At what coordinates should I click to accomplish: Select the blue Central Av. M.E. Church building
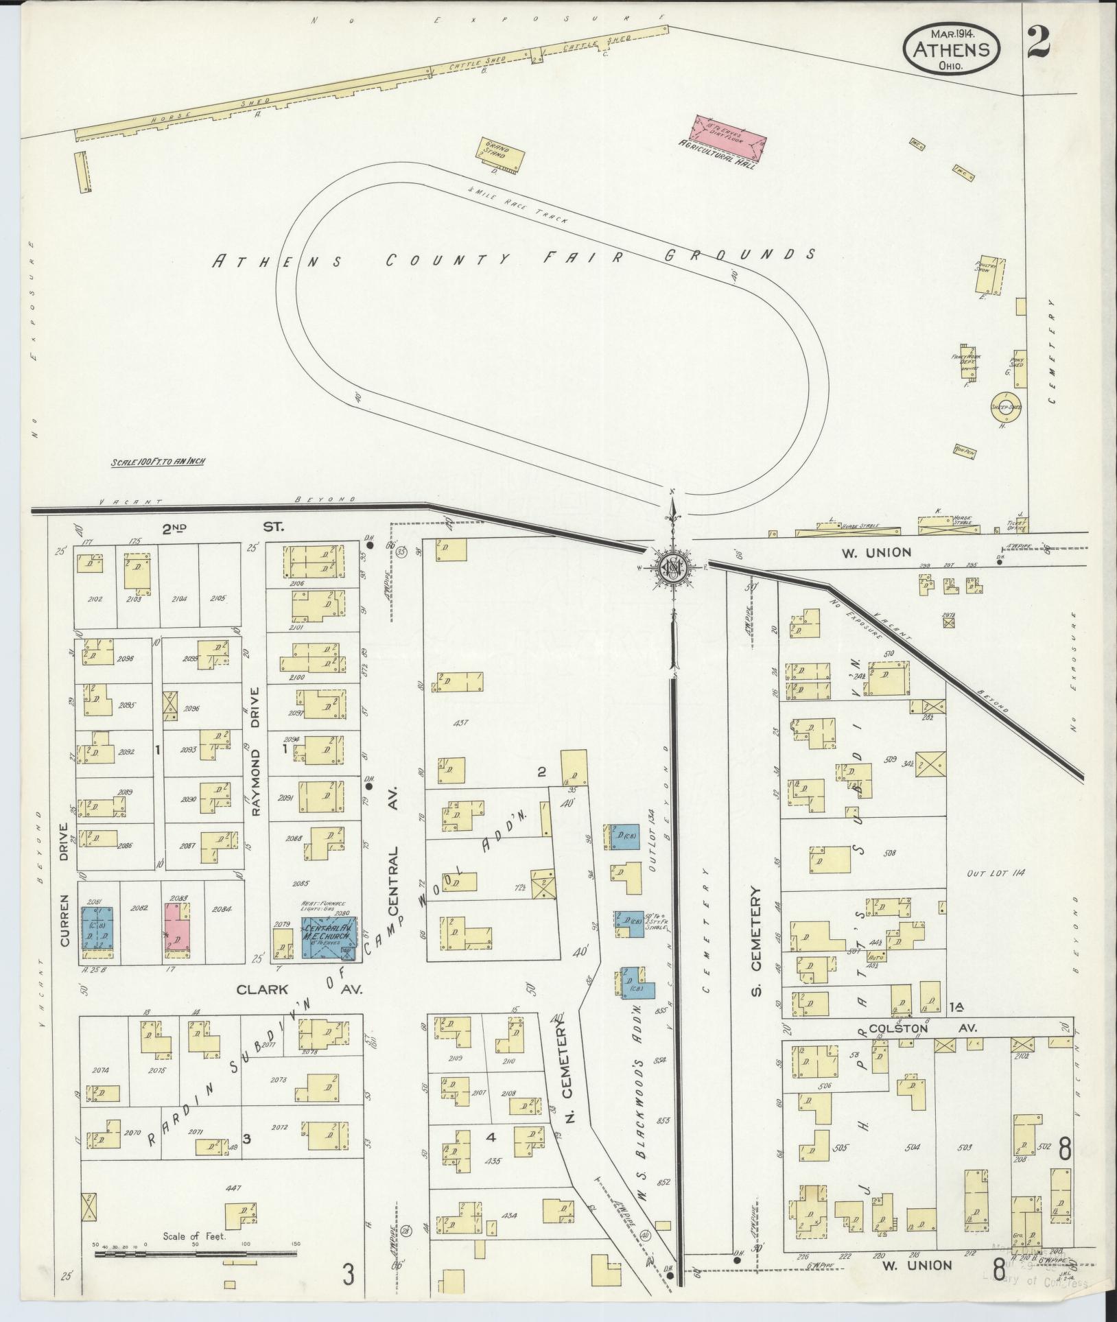pos(329,937)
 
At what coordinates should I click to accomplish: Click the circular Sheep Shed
pos(1007,407)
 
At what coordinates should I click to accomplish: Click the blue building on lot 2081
pos(97,931)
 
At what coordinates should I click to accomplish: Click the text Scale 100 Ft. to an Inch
pos(158,462)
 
